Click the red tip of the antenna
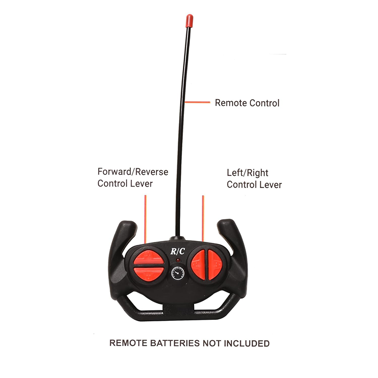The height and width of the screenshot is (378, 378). point(189,21)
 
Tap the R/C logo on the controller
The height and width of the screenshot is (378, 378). point(178,251)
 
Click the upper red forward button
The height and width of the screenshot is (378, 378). point(148,258)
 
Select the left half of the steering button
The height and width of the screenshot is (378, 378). point(198,265)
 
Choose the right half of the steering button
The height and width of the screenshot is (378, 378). point(215,265)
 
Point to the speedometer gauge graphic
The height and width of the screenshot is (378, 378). point(178,273)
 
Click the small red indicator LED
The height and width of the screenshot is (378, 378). point(178,260)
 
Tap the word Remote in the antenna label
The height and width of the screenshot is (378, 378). point(231,103)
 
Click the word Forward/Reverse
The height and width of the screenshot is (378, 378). point(133,172)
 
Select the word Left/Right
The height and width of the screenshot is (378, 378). point(248,173)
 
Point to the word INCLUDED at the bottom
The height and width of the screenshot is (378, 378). point(247,344)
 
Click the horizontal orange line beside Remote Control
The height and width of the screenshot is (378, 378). point(197,102)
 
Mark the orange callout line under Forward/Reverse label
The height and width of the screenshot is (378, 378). point(146,219)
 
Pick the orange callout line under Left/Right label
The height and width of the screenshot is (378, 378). point(203,218)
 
